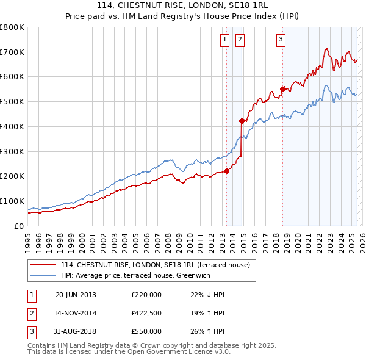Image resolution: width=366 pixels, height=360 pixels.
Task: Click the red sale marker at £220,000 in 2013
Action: (x=226, y=171)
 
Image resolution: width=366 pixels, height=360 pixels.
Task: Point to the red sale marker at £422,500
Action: (x=242, y=121)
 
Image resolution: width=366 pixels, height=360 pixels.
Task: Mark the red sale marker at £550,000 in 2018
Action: (x=283, y=89)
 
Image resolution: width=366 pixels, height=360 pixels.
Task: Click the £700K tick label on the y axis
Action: (x=12, y=52)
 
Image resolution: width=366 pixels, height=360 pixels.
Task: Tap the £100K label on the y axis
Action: (x=12, y=201)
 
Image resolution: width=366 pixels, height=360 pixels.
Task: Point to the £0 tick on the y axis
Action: (x=18, y=226)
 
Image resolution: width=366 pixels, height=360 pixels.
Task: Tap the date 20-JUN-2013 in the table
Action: (x=76, y=295)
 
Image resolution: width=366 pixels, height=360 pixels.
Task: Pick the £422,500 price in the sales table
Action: (x=146, y=313)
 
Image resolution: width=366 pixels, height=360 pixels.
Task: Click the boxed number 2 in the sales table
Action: (x=30, y=313)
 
